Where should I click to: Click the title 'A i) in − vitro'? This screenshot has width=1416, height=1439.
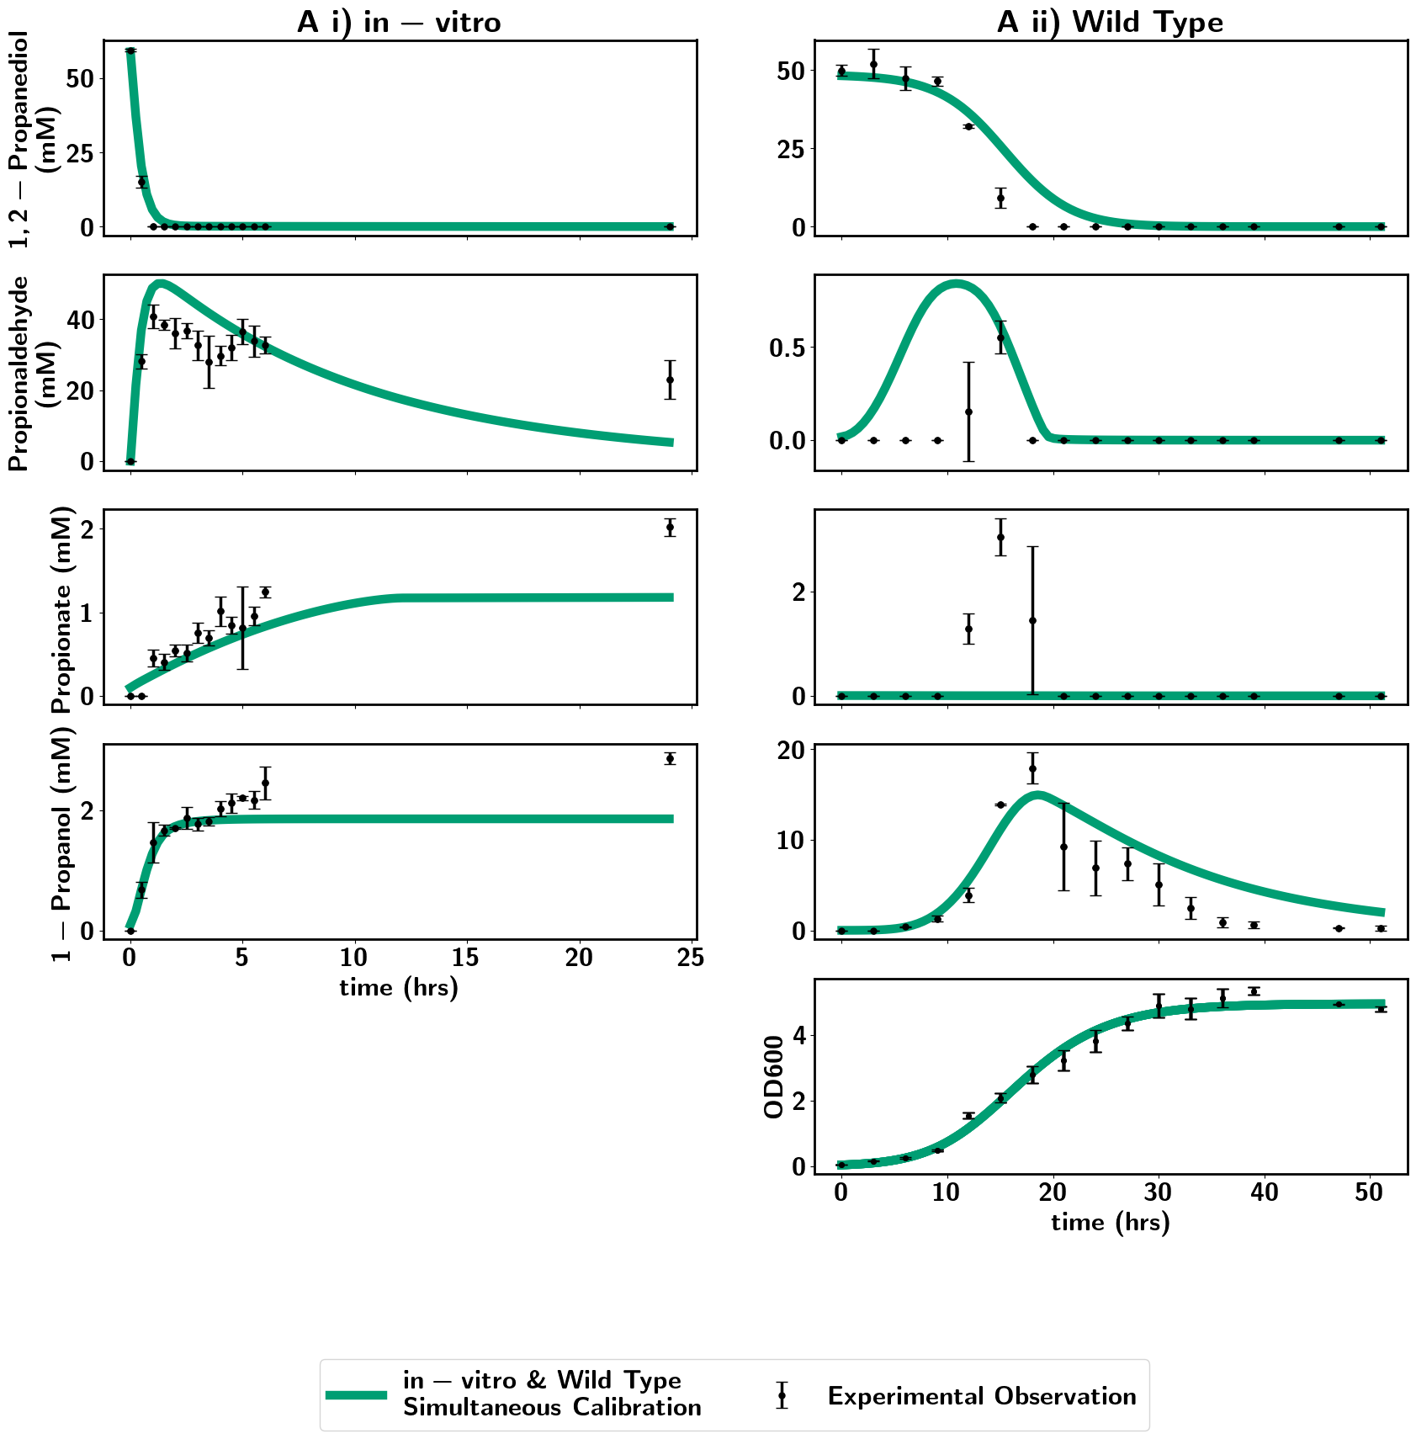click(x=399, y=22)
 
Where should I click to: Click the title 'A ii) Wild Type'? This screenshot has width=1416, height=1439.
click(x=1110, y=22)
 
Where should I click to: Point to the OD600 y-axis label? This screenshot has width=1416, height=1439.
click(x=774, y=1076)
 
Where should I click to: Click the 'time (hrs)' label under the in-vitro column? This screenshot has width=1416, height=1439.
click(x=399, y=987)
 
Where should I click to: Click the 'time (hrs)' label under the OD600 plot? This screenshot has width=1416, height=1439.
click(x=1111, y=1222)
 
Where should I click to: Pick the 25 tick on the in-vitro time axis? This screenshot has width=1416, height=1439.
click(x=691, y=958)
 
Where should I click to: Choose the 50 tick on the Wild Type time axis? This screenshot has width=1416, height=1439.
click(x=1370, y=1193)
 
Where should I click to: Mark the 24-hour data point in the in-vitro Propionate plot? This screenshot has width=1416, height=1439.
click(x=670, y=528)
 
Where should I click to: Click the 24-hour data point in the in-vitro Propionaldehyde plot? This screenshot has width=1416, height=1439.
click(x=670, y=380)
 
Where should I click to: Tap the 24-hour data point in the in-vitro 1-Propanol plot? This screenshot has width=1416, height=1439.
click(x=670, y=758)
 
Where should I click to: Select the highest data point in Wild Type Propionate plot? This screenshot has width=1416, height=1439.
click(x=1000, y=537)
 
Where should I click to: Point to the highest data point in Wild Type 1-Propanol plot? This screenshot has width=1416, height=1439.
click(x=1032, y=768)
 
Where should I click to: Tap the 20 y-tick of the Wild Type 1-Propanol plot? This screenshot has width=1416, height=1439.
click(x=791, y=750)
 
